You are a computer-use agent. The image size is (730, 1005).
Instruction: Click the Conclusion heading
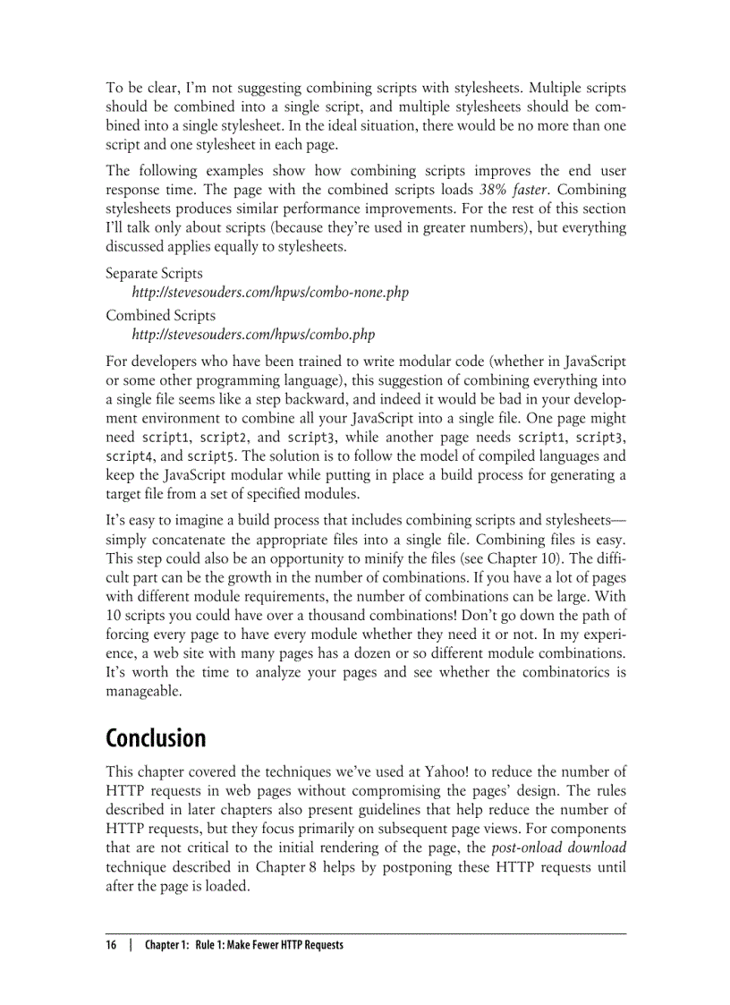point(156,738)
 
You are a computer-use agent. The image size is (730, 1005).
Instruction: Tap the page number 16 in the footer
point(112,945)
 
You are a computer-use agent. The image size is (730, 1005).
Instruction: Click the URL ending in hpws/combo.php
point(253,335)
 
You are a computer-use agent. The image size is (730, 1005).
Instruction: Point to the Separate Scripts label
point(154,273)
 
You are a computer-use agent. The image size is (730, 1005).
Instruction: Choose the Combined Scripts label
point(160,315)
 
